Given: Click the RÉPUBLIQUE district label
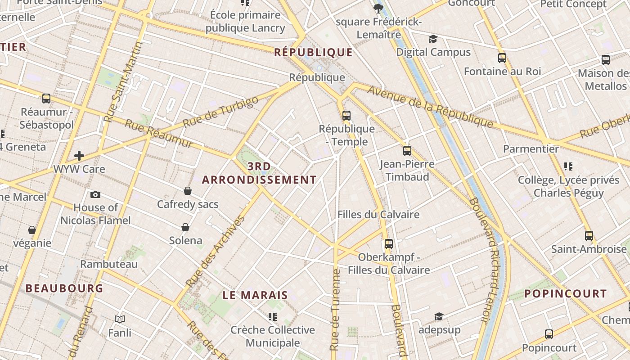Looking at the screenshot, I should tap(313, 52).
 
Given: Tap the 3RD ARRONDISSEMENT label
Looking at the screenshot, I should tap(259, 173).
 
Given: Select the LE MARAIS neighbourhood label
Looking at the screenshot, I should tap(255, 295).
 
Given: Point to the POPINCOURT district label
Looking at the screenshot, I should tap(566, 294).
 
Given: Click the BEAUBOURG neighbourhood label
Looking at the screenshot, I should tap(64, 288).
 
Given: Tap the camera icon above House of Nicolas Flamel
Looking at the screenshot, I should tap(95, 194).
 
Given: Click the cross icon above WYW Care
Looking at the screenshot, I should tap(79, 156).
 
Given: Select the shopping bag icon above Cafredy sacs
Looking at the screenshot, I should tap(188, 191).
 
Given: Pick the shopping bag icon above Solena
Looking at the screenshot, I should tap(185, 227).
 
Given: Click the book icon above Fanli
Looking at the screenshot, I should tap(120, 319).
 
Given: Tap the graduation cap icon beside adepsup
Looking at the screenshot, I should tap(439, 317).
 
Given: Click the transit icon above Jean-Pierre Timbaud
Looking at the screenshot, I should tap(407, 150).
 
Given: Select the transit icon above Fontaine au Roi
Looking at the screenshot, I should tap(502, 58).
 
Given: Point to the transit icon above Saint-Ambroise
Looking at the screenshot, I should tap(589, 235).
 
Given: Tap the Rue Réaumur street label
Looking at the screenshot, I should tap(158, 134).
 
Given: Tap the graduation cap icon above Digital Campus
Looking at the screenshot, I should tap(433, 39).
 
